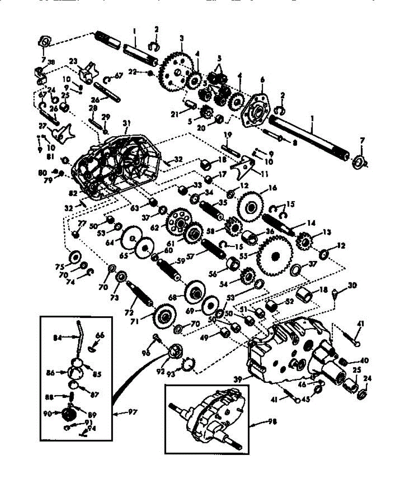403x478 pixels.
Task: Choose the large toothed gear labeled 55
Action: point(273,255)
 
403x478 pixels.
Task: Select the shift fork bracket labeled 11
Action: point(244,167)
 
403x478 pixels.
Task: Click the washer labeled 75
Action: point(74,257)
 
